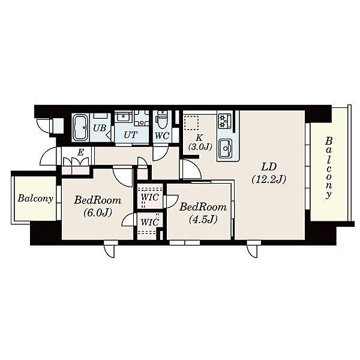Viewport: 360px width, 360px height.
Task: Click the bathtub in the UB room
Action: (x=80, y=128)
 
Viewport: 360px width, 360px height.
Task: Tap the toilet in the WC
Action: (x=163, y=120)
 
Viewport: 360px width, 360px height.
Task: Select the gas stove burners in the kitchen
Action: (x=225, y=121)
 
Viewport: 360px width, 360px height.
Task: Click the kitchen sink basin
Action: (x=226, y=148)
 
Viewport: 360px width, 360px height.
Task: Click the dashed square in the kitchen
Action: (x=191, y=123)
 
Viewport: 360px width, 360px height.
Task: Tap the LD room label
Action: (x=269, y=167)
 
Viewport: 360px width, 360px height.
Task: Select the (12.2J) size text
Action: (x=269, y=179)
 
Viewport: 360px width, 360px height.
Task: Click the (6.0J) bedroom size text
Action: (x=98, y=212)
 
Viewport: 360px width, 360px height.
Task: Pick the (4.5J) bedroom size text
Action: (x=203, y=220)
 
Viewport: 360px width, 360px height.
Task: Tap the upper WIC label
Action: (x=149, y=197)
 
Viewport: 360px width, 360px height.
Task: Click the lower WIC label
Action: (x=149, y=222)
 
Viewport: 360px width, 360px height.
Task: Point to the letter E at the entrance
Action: (x=80, y=152)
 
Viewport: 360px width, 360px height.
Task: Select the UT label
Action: (x=131, y=135)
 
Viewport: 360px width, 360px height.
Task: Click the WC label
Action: (x=162, y=136)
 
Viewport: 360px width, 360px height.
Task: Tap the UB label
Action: (x=100, y=128)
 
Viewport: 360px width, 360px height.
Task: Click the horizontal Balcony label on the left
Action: (x=35, y=199)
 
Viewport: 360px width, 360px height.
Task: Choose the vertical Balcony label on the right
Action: (x=329, y=168)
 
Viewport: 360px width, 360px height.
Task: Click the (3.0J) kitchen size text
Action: (x=200, y=146)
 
